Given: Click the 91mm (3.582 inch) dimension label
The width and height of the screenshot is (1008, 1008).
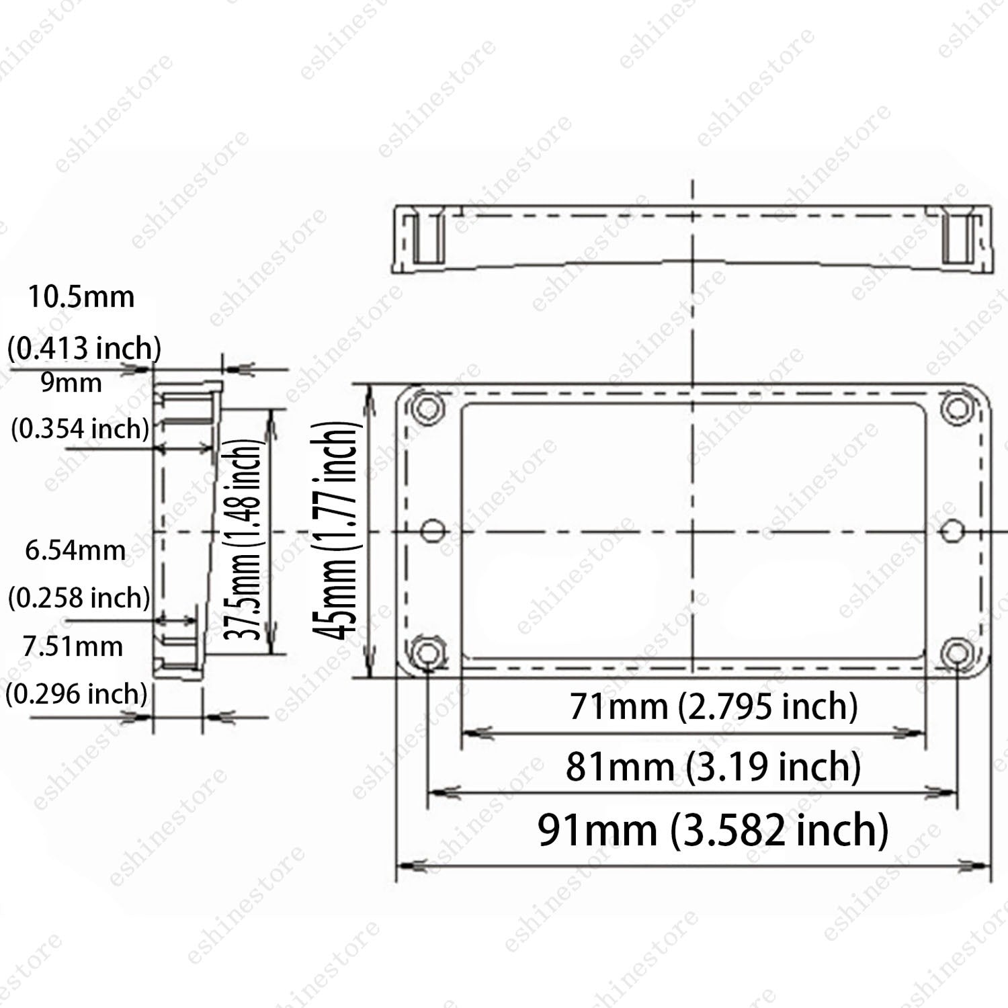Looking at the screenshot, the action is pos(713,830).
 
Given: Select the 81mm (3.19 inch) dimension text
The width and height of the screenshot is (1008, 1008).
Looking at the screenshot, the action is pos(713,767).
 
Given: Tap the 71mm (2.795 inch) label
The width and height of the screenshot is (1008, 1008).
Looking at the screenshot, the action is pos(714,706).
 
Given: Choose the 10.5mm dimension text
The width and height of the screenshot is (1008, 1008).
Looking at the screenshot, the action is pos(81,296).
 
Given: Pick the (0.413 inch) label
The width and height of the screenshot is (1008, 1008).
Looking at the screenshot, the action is pos(85,348).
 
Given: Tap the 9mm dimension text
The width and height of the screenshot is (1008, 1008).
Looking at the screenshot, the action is pos(71,382).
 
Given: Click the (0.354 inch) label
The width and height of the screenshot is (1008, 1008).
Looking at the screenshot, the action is pos(80,428).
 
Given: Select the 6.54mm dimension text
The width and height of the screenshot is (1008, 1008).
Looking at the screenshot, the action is pos(75,550).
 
